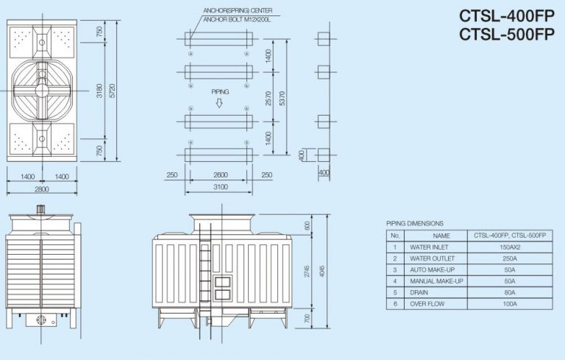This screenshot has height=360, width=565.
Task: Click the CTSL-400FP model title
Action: [x=506, y=15]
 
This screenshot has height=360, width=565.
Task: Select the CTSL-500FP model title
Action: [x=506, y=34]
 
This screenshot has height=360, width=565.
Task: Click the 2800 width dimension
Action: [x=41, y=189]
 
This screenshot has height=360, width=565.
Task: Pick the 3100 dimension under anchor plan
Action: [x=221, y=187]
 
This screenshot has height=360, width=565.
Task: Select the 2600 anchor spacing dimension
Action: [x=221, y=174]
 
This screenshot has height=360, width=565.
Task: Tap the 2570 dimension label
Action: [x=269, y=98]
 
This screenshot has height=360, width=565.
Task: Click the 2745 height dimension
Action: [x=307, y=272]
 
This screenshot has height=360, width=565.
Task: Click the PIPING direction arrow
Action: [x=220, y=103]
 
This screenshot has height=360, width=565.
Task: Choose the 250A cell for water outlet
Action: [x=510, y=258]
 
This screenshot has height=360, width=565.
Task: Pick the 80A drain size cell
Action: [x=510, y=292]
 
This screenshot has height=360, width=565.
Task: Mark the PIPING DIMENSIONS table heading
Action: [x=415, y=222]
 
